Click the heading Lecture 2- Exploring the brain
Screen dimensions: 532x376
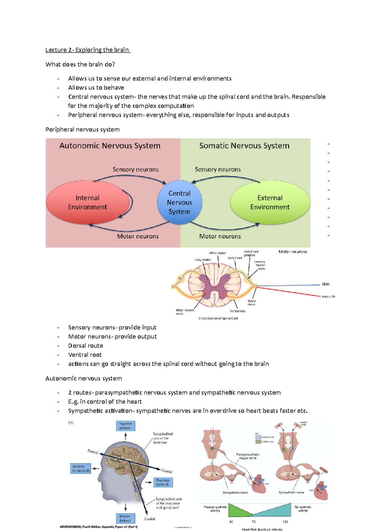[x=87, y=50]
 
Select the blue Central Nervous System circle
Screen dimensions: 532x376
[x=180, y=202]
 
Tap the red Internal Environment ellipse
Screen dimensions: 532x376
[x=87, y=202]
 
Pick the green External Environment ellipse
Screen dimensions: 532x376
[x=270, y=202]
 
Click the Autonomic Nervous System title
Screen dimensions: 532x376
[x=110, y=146]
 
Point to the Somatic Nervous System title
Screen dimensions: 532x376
[x=244, y=146]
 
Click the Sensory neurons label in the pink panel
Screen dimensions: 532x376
[x=135, y=170]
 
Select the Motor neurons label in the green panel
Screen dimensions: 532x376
[x=220, y=236]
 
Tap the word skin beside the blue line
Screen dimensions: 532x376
[x=326, y=284]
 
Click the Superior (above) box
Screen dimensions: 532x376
[x=126, y=426]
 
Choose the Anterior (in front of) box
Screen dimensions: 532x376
[x=81, y=468]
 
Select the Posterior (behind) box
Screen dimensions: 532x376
[x=163, y=482]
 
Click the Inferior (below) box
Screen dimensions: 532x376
[x=125, y=518]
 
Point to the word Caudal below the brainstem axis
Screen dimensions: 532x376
[x=149, y=519]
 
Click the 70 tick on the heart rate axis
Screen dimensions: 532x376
[x=253, y=522]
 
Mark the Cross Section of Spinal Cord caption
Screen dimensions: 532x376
[x=218, y=318]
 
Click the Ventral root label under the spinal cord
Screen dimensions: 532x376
[x=238, y=311]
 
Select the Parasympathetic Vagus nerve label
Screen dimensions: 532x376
[x=248, y=456]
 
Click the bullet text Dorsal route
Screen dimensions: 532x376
[x=86, y=346]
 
